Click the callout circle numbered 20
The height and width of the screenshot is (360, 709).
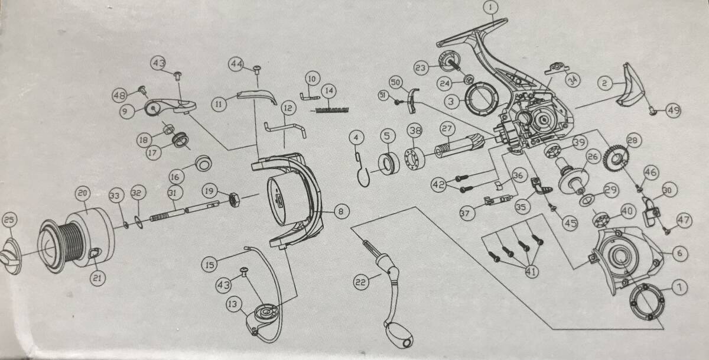pos(82,193)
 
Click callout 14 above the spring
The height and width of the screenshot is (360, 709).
pos(329,91)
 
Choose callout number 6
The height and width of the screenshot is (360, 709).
pos(678,253)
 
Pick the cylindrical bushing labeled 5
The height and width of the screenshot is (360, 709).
pos(388,164)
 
